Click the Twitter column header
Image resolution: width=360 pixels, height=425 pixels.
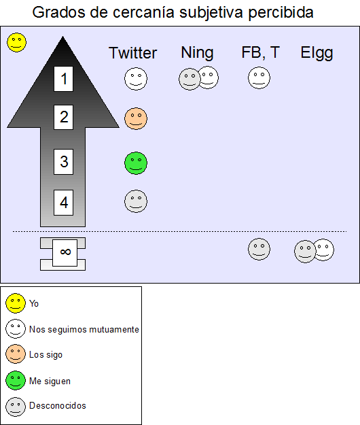click(x=132, y=52)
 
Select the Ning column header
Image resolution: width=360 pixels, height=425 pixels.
click(x=198, y=53)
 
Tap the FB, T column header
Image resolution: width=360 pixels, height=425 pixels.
click(x=260, y=52)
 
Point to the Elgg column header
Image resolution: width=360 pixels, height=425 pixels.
click(x=317, y=54)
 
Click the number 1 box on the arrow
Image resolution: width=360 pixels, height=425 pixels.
click(x=63, y=79)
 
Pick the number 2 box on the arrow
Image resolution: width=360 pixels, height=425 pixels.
click(x=63, y=117)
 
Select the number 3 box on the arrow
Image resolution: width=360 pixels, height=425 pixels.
click(x=63, y=162)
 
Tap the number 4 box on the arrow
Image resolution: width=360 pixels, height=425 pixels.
click(x=63, y=203)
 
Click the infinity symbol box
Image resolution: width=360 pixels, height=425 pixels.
click(x=65, y=252)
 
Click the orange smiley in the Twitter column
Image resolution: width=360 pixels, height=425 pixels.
click(x=136, y=119)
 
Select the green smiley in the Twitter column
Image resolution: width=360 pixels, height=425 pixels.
click(x=136, y=163)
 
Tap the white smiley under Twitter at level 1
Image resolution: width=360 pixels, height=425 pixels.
click(x=136, y=79)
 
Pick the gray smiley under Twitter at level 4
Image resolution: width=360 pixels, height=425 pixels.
click(x=136, y=201)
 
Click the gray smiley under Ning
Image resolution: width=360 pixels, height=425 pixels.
click(x=190, y=79)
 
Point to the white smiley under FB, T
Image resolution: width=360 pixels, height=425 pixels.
click(x=259, y=78)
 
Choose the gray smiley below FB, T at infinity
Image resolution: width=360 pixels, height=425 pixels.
click(x=259, y=249)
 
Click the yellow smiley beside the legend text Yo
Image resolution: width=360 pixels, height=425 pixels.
click(x=16, y=303)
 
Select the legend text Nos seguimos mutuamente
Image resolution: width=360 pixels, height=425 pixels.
click(x=84, y=330)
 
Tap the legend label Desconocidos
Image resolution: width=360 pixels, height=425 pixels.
click(x=57, y=406)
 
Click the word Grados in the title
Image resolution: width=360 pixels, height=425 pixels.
click(x=58, y=12)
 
